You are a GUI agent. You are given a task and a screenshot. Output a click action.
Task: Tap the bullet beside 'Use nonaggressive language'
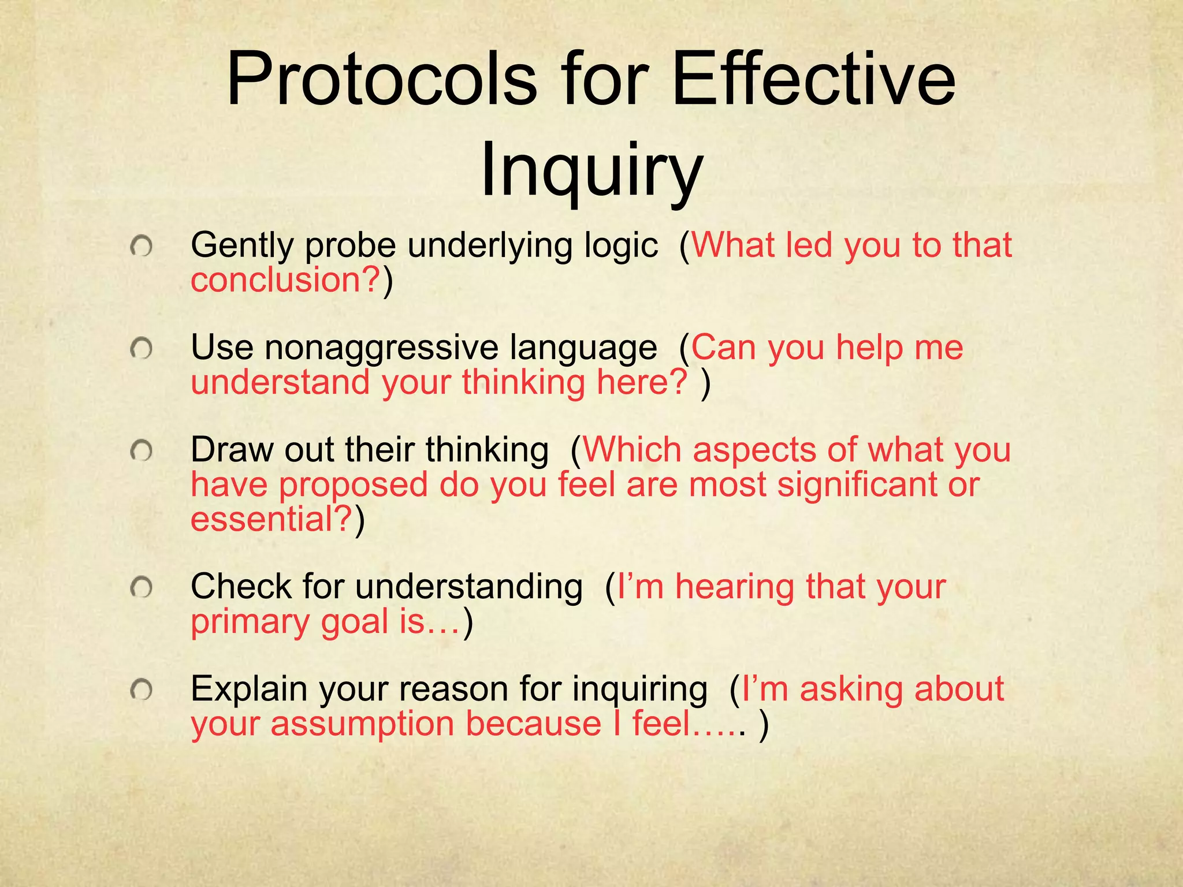coord(141,349)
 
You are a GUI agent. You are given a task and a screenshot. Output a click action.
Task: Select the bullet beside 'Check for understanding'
coord(141,588)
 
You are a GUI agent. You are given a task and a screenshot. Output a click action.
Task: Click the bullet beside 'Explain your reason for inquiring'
coord(141,690)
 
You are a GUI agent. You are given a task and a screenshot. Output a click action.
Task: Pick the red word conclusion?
coord(286,279)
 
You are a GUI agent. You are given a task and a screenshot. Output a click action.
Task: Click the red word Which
coord(633,450)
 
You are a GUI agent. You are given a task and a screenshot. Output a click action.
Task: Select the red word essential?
coord(271,518)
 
